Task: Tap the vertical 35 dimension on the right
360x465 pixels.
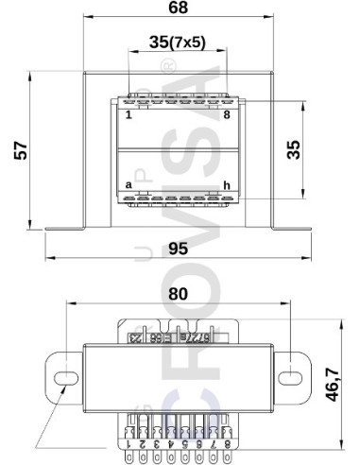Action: point(293,149)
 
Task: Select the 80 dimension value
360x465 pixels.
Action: point(178,293)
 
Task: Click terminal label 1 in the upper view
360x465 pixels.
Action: point(129,115)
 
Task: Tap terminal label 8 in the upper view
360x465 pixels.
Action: point(227,115)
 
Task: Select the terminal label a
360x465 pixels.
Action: point(129,184)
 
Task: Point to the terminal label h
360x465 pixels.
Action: point(227,184)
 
